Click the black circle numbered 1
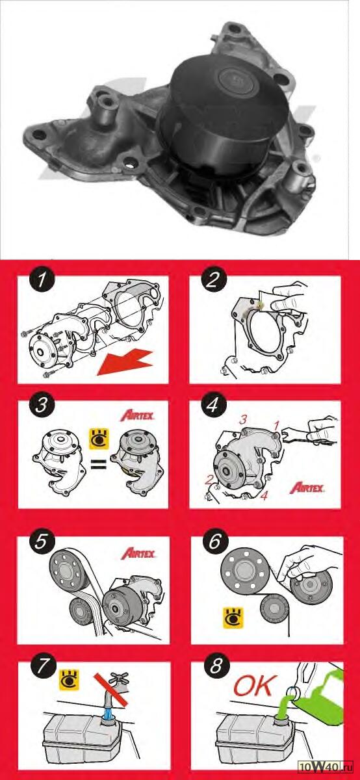42,279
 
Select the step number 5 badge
41,542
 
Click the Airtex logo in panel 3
138,416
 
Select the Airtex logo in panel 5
138,554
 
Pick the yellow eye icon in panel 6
233,618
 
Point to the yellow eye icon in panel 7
70,679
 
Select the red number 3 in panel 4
242,420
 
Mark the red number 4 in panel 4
264,495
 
